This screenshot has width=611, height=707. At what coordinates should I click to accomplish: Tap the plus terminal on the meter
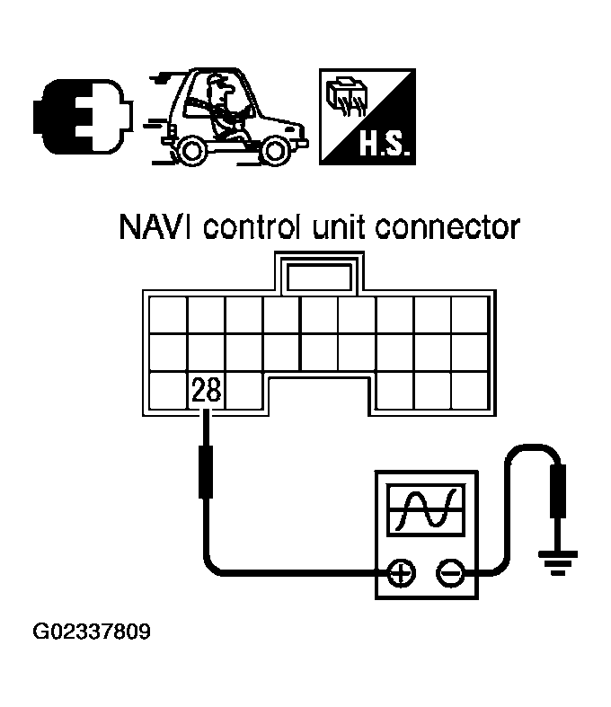(x=399, y=571)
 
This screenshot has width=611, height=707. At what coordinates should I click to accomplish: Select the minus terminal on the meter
(x=448, y=571)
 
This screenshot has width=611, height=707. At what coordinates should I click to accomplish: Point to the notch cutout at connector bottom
(x=319, y=394)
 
